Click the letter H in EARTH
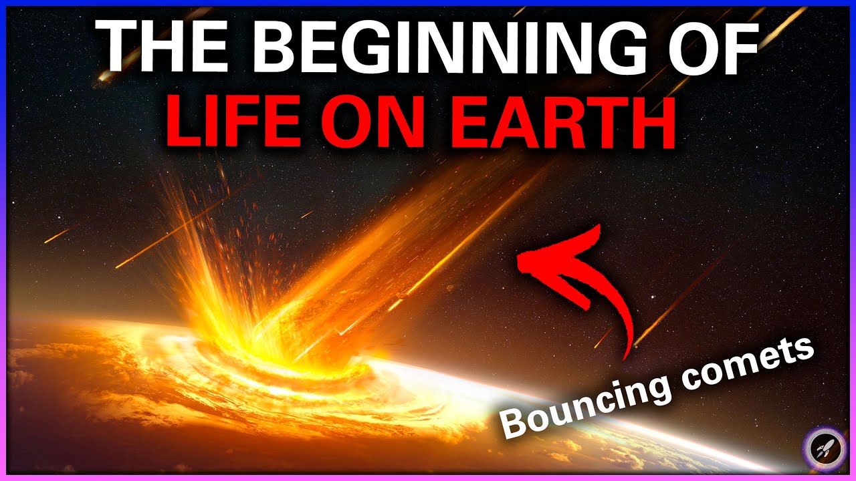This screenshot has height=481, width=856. [652, 121]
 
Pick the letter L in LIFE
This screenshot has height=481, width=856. [184, 121]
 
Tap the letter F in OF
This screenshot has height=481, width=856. [740, 47]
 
